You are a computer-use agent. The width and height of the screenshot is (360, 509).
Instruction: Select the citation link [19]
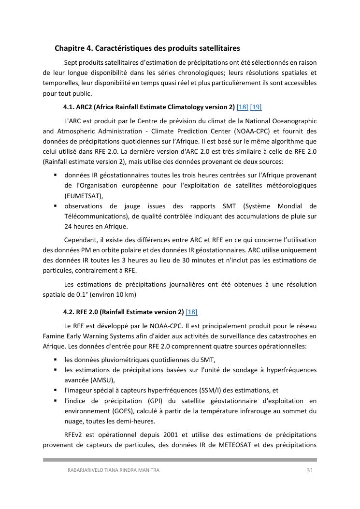(x=256, y=107)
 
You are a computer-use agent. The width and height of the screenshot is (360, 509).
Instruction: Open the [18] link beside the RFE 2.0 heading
(x=191, y=312)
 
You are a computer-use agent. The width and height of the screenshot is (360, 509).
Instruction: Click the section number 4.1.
(x=69, y=107)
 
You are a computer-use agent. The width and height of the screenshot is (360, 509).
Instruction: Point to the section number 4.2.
(x=69, y=312)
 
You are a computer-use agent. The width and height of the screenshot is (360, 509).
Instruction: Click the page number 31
(x=310, y=470)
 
